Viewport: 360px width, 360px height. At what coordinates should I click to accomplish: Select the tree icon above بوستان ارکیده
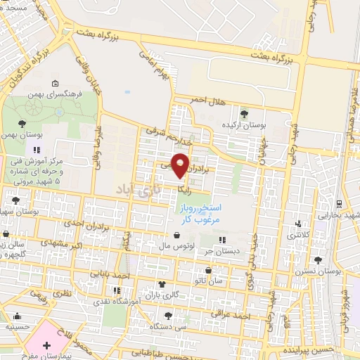tap(244, 113)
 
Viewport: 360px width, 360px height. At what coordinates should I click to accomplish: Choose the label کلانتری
tap(301, 233)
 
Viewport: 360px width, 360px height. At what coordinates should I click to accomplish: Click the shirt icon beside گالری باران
tap(163, 284)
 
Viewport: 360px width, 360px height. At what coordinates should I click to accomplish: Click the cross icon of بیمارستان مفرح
tap(46, 345)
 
